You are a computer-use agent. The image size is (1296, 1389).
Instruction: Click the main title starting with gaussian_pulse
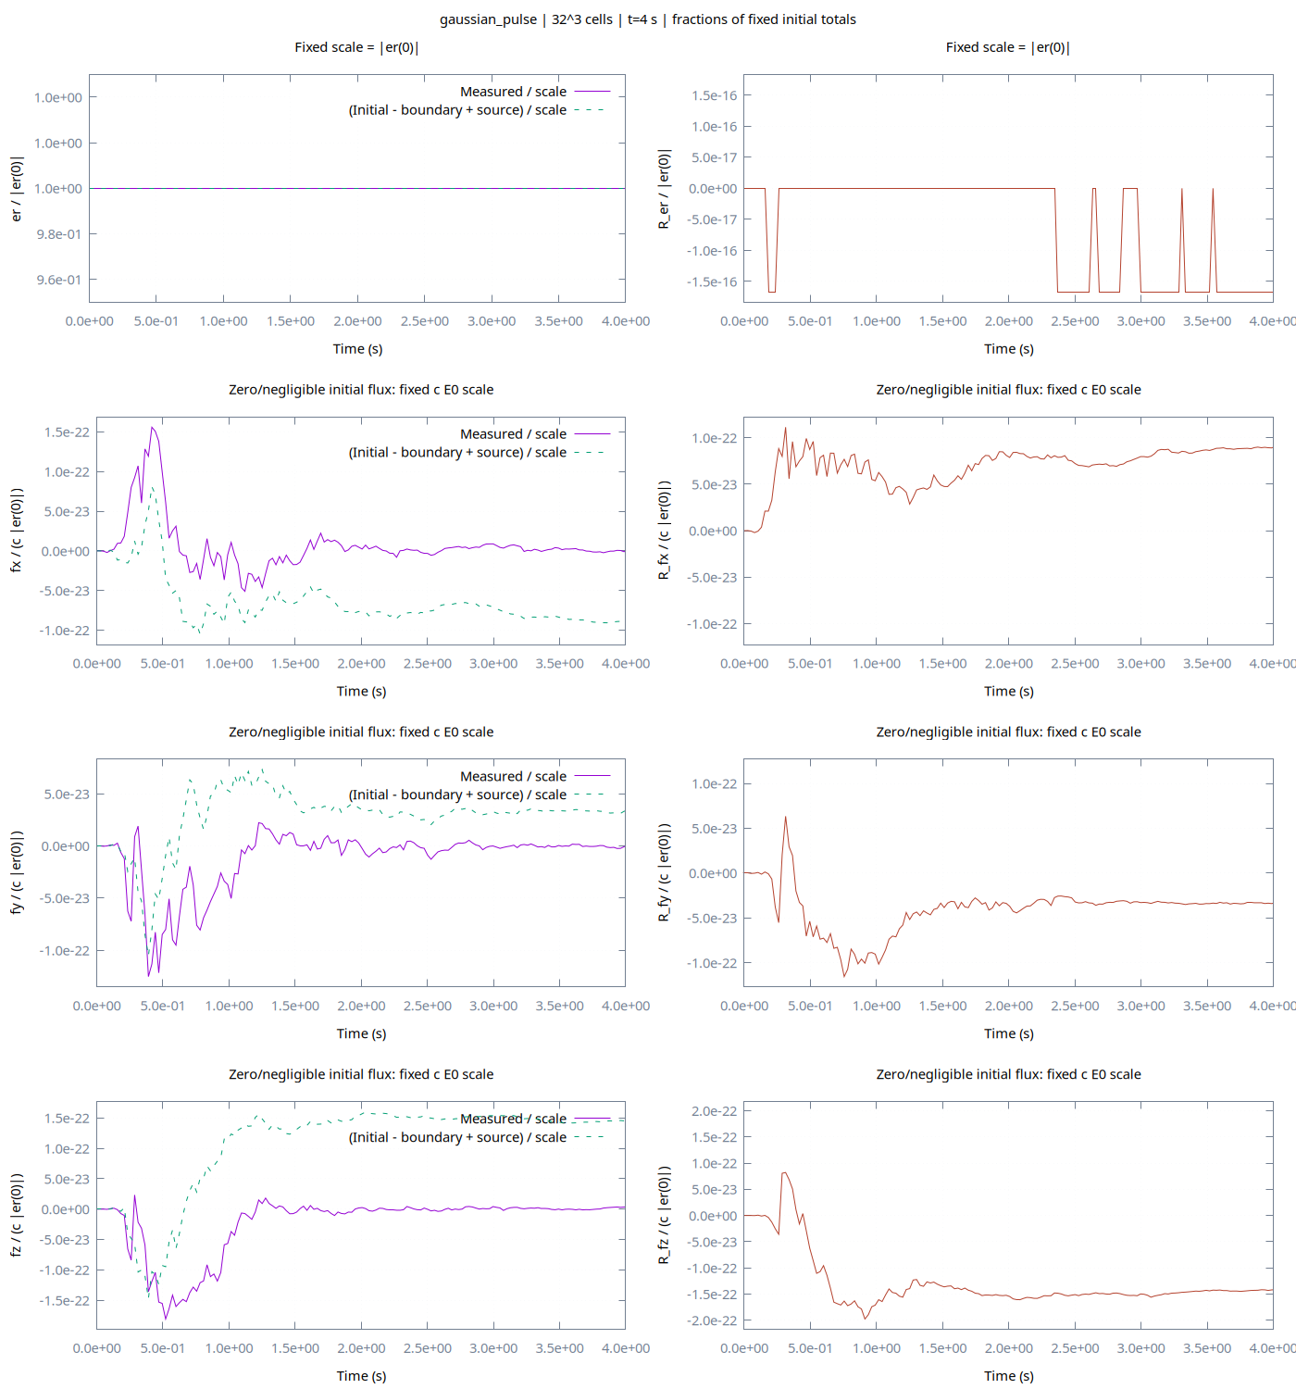tap(648, 19)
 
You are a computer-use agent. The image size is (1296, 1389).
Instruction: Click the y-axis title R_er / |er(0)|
tap(664, 189)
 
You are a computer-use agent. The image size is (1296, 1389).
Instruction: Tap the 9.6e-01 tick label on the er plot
tap(58, 280)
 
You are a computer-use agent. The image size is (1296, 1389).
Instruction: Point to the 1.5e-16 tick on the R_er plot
tap(714, 95)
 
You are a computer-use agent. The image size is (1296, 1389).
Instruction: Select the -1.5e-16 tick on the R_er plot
tap(712, 282)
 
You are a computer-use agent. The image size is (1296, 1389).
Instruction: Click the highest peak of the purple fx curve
tap(152, 427)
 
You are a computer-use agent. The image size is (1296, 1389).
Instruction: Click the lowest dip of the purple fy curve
tap(148, 976)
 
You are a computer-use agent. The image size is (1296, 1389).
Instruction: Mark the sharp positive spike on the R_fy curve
tap(785, 816)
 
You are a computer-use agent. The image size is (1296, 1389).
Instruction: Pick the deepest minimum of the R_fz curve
tap(866, 1319)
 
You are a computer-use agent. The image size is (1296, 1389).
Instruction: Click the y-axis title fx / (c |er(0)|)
tap(16, 531)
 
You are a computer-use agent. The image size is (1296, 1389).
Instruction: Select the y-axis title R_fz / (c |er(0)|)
tap(664, 1215)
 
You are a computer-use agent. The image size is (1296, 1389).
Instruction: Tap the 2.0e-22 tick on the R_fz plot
tap(714, 1110)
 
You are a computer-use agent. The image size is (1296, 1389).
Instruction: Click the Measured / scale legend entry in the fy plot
tap(535, 776)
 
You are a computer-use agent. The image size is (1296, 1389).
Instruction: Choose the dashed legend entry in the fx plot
tap(477, 453)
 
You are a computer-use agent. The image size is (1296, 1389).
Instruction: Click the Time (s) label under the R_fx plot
tap(1008, 691)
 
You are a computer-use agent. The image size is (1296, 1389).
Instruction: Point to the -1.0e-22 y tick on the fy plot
tap(65, 950)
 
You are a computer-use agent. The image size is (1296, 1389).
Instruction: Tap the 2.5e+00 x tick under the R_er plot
tap(1075, 321)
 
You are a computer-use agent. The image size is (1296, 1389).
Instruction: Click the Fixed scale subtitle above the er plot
tap(356, 47)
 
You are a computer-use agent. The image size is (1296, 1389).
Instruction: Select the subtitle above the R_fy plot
tap(1008, 732)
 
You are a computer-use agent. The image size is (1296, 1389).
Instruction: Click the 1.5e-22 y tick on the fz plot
tap(68, 1119)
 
